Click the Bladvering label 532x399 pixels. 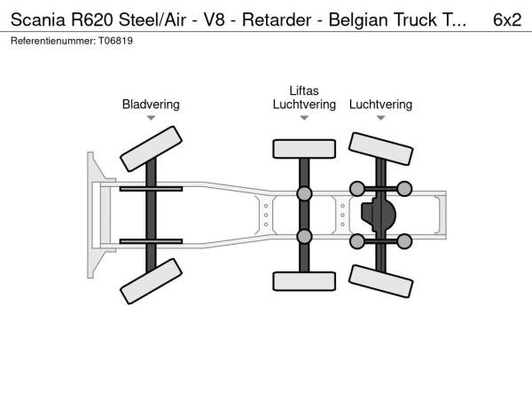[x=151, y=105]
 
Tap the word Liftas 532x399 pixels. [x=304, y=90]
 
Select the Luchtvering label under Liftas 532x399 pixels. [x=304, y=105]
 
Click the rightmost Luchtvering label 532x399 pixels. [x=380, y=105]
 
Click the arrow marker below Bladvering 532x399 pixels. [x=151, y=118]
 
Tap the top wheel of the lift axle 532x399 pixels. [x=304, y=148]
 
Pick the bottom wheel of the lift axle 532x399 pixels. [x=304, y=281]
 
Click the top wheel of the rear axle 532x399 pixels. [x=381, y=149]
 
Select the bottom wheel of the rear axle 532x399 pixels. [x=381, y=281]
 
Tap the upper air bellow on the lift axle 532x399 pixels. [x=304, y=194]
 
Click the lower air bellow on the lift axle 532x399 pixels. [x=304, y=236]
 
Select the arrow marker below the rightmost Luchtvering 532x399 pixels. [x=380, y=118]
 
